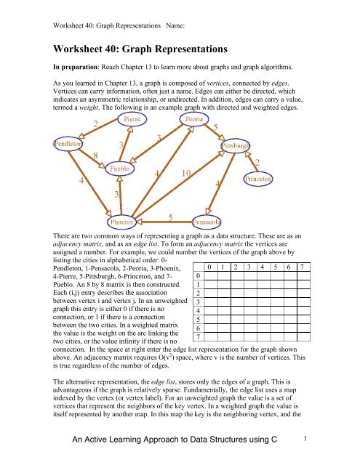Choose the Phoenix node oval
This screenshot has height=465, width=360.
pyautogui.click(x=125, y=219)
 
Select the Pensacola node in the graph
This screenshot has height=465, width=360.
pyautogui.click(x=207, y=219)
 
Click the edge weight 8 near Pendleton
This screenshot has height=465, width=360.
pyautogui.click(x=96, y=155)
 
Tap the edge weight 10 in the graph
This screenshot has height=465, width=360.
pyautogui.click(x=186, y=174)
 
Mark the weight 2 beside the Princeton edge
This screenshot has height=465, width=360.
pyautogui.click(x=257, y=161)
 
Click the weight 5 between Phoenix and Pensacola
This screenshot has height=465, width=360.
pyautogui.click(x=170, y=216)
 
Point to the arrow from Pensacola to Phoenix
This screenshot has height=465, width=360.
pyautogui.click(x=166, y=220)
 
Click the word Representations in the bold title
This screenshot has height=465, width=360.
pyautogui.click(x=185, y=50)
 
